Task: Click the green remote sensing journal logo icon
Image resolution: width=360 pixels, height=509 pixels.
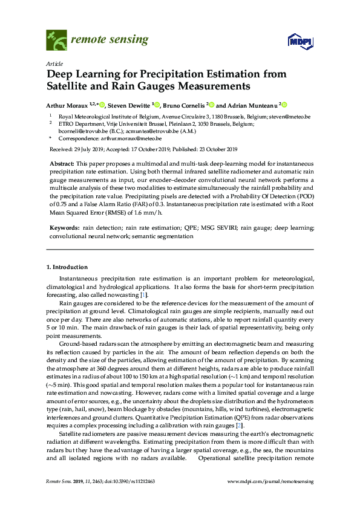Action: pyautogui.click(x=57, y=41)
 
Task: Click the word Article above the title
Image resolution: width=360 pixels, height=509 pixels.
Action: pyautogui.click(x=53, y=63)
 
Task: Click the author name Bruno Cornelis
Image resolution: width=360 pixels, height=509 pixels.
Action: pyautogui.click(x=185, y=104)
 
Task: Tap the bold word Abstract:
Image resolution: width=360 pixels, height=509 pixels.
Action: pyautogui.click(x=62, y=164)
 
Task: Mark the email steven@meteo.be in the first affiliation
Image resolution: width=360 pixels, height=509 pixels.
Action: pyautogui.click(x=290, y=116)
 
